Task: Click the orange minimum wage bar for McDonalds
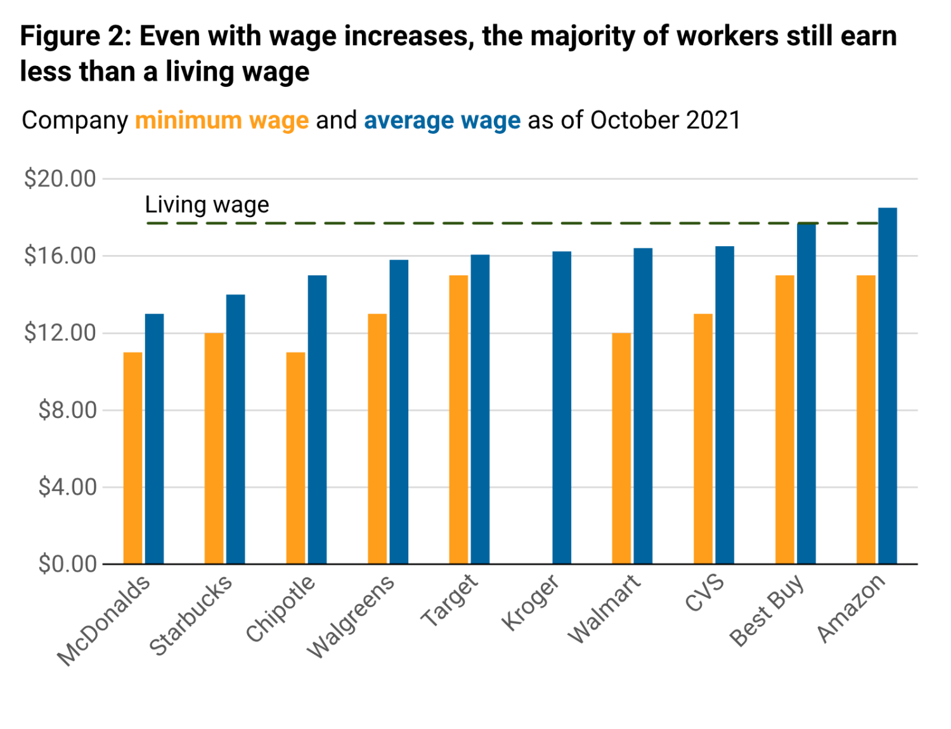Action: (133, 457)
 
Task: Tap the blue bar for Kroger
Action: (561, 407)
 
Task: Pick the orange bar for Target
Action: (458, 419)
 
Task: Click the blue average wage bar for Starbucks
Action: (235, 428)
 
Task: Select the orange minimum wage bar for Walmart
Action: (621, 448)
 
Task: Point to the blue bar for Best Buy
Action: (806, 393)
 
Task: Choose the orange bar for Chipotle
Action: (295, 457)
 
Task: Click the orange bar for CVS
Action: (703, 438)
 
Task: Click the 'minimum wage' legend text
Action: (222, 121)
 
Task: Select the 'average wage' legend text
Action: (442, 121)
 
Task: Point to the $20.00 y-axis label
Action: (60, 179)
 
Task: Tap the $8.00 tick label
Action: (67, 410)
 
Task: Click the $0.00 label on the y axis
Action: (67, 563)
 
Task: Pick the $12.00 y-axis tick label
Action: (60, 332)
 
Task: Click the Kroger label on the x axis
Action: (531, 603)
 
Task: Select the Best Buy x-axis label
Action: (767, 610)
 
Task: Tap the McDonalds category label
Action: (105, 620)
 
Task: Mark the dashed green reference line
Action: (444, 223)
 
